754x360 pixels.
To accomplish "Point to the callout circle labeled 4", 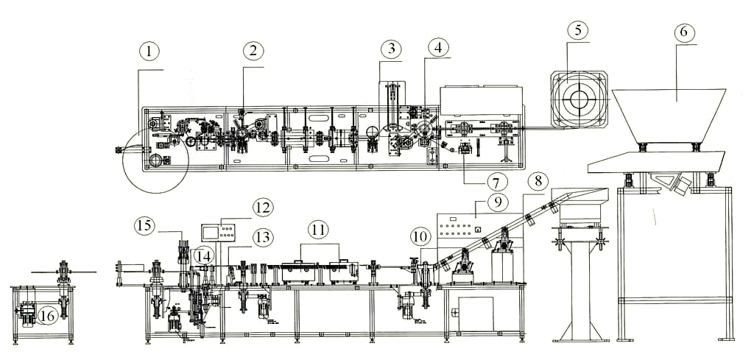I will tap(438, 49).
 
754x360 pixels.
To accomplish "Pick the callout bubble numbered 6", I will tap(684, 32).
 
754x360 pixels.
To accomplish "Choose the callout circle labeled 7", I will tap(496, 182).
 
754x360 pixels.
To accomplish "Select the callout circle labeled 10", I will tap(420, 236).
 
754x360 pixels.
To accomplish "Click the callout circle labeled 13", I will tap(262, 236).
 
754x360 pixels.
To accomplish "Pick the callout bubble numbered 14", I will tap(203, 255).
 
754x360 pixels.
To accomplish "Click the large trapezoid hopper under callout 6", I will tap(669, 114).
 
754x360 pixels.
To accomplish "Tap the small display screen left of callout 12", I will tap(211, 233).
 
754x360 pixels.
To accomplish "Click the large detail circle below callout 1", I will tap(155, 160).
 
